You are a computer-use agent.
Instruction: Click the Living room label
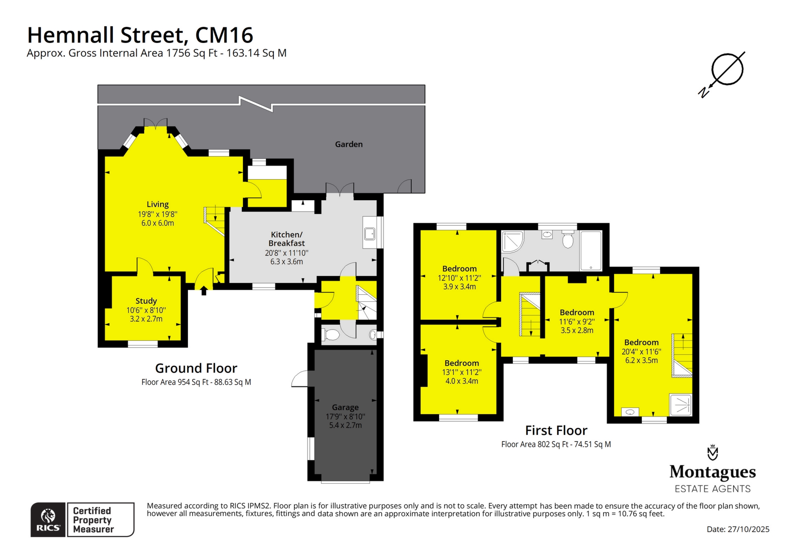(157, 204)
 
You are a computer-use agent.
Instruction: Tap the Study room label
(146, 301)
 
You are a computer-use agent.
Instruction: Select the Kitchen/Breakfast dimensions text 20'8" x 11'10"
(286, 253)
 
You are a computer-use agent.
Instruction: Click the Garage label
(345, 408)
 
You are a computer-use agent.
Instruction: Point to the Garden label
(348, 144)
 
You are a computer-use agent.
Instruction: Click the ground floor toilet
(331, 335)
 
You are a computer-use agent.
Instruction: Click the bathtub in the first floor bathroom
(591, 250)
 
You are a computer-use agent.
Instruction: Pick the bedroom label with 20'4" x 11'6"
(641, 342)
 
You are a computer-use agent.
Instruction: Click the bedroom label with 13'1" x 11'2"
(461, 363)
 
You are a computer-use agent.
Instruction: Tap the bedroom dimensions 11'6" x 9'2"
(577, 322)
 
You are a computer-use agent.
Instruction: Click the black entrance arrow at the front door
(204, 291)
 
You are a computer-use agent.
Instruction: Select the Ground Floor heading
(196, 368)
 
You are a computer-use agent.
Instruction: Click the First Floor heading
(556, 430)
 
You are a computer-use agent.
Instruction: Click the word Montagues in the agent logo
(712, 472)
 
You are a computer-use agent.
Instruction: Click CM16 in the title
(224, 35)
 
